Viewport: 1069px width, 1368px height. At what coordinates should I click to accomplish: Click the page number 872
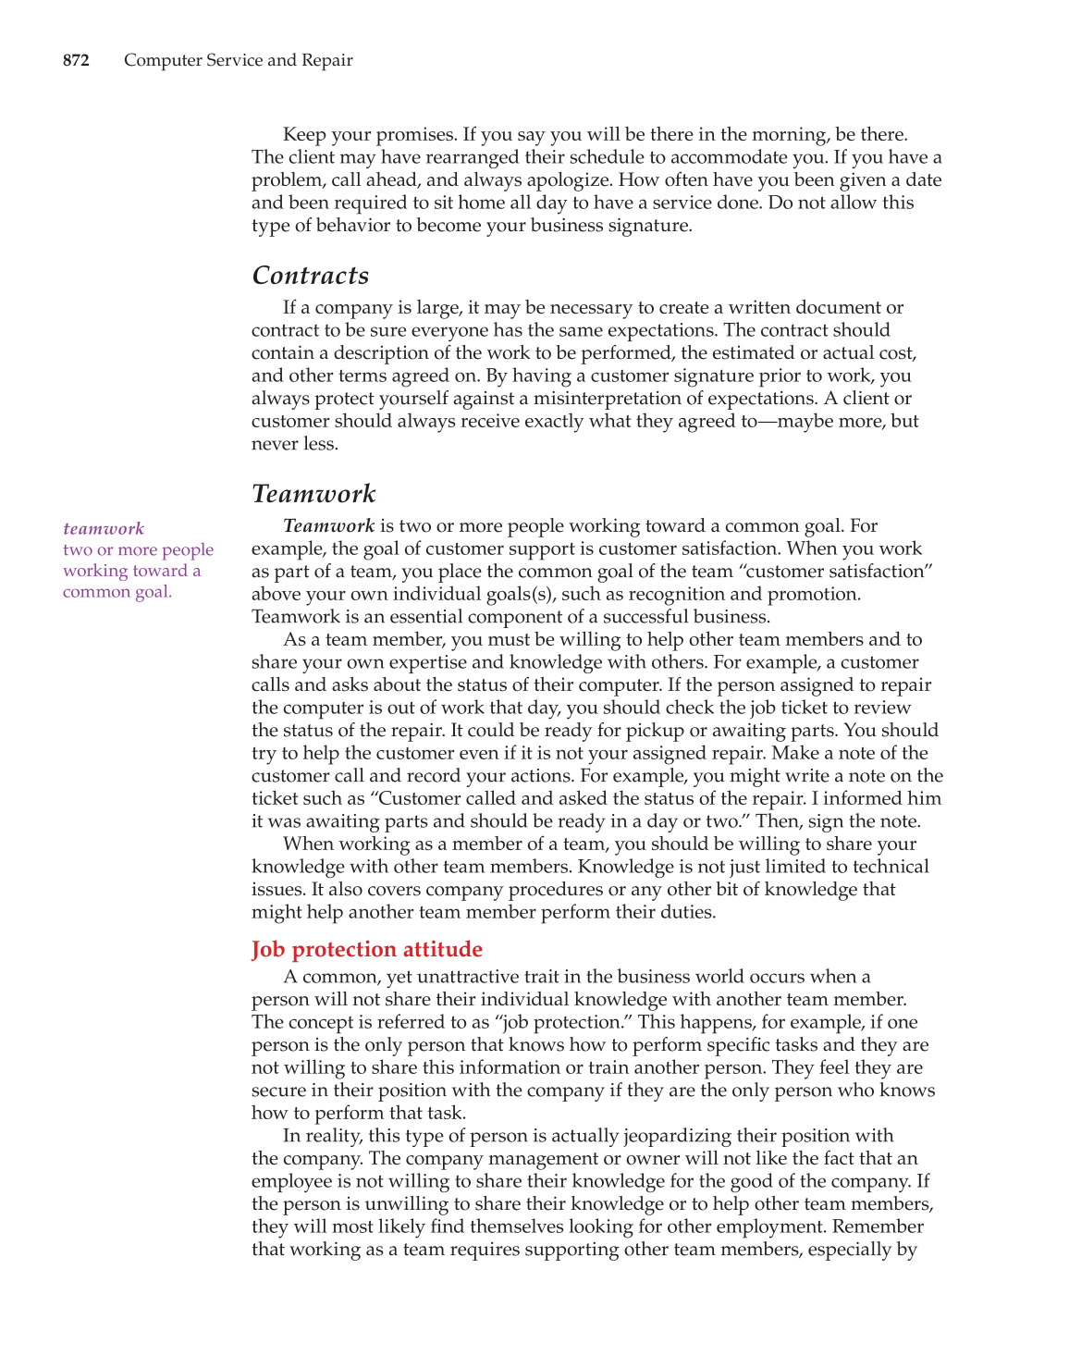(x=76, y=61)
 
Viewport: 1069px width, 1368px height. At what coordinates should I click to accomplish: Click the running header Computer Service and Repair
(x=238, y=61)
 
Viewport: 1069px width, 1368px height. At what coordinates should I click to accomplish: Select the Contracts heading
(x=311, y=276)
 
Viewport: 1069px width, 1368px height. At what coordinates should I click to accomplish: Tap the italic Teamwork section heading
(x=313, y=494)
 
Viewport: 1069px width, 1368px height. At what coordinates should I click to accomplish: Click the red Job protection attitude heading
(x=367, y=950)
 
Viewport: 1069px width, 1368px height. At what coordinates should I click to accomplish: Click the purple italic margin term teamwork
(x=104, y=529)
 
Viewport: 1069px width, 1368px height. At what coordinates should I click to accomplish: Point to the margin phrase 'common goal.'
(x=117, y=592)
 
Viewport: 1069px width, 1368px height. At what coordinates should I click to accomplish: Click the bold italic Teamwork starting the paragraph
(x=328, y=526)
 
